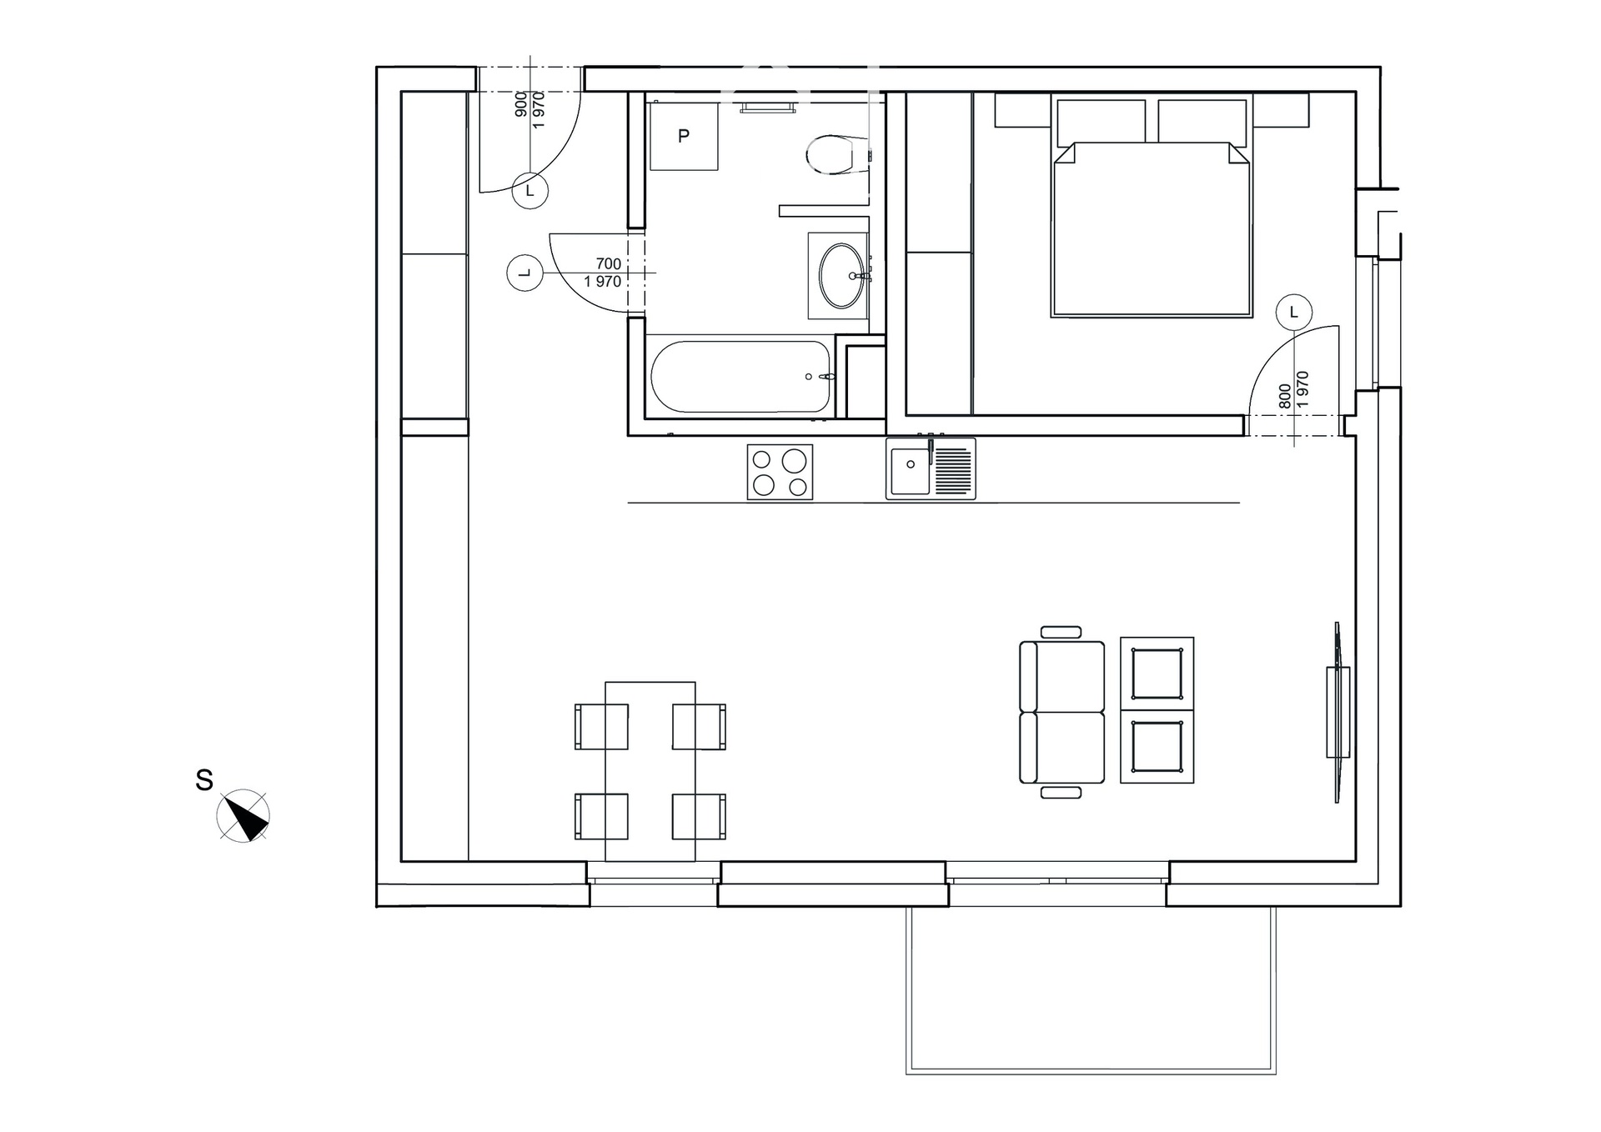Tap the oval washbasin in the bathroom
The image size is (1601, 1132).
point(843,275)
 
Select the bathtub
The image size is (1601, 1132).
point(741,376)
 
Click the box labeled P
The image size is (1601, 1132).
point(684,136)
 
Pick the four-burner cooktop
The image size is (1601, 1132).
point(780,472)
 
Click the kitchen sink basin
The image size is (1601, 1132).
point(911,470)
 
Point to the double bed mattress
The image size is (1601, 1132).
point(1152,229)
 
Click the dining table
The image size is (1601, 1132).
point(650,771)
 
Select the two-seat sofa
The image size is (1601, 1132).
point(1061,712)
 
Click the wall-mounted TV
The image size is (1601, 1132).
point(1338,712)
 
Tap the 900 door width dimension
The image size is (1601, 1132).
point(521,104)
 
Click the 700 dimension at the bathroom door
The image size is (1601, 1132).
point(609,264)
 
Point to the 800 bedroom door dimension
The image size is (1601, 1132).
point(1285,396)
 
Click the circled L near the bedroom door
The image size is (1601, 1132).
point(1294,313)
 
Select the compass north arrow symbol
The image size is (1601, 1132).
point(243,814)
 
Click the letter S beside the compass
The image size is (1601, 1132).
point(204,780)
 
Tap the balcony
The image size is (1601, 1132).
point(1092,989)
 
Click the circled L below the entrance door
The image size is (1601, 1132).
point(529,191)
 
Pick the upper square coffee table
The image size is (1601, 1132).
point(1157,674)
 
